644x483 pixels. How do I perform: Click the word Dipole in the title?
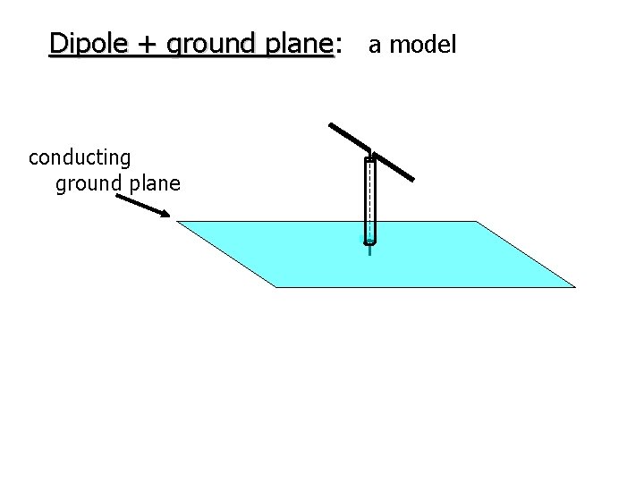coord(82,43)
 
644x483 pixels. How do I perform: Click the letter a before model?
coord(374,45)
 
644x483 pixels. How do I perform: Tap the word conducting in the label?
coord(80,158)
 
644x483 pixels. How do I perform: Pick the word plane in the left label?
coord(154,184)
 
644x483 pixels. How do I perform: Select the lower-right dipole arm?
coord(394,167)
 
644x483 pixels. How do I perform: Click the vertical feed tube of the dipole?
coord(369,200)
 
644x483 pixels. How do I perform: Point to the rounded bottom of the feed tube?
coord(369,241)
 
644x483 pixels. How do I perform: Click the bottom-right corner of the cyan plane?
coord(575,287)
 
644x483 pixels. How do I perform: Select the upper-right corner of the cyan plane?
coord(477,221)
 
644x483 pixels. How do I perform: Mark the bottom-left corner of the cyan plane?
coord(275,287)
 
